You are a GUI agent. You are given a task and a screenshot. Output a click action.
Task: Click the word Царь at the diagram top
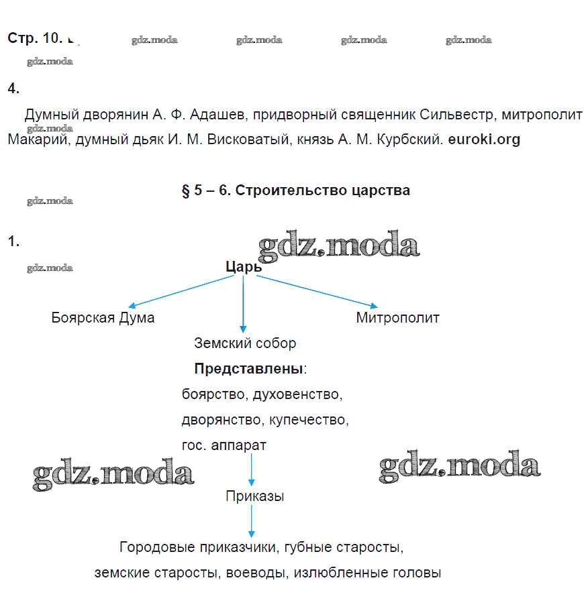pyautogui.click(x=243, y=267)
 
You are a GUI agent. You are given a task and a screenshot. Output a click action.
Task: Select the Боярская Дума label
pyautogui.click(x=103, y=318)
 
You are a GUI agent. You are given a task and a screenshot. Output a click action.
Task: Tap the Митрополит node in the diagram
pyautogui.click(x=397, y=318)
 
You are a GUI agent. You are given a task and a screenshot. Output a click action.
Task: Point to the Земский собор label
pyautogui.click(x=245, y=343)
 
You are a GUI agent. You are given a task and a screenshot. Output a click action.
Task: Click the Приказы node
pyautogui.click(x=254, y=497)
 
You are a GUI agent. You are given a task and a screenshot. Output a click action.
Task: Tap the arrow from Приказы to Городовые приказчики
pyautogui.click(x=252, y=520)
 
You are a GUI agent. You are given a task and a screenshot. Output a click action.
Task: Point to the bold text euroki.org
pyautogui.click(x=483, y=140)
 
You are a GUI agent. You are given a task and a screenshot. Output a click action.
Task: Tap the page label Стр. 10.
pyautogui.click(x=35, y=38)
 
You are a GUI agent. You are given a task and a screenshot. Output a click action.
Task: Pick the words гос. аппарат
pyautogui.click(x=224, y=445)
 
